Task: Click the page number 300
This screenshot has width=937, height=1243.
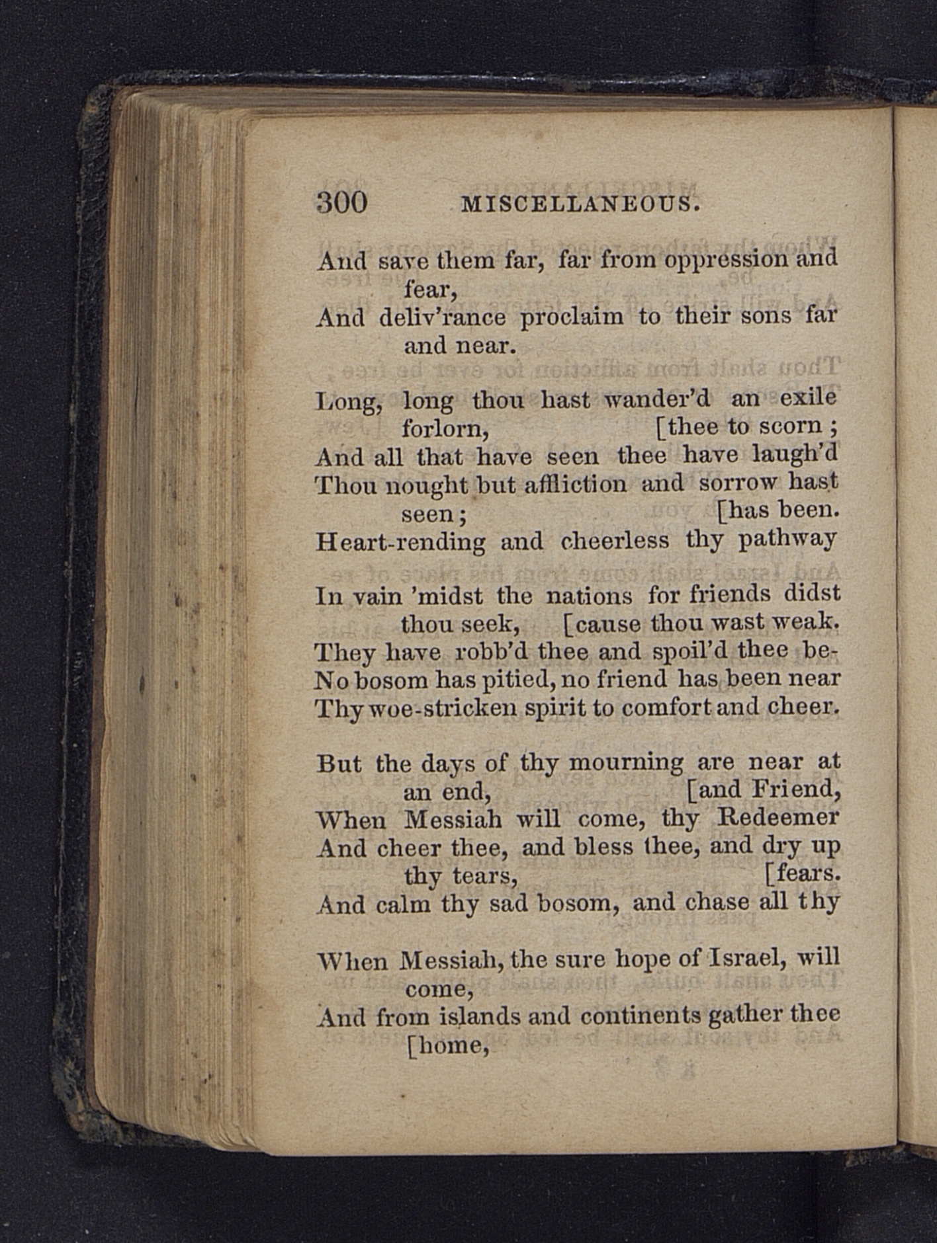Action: click(x=342, y=202)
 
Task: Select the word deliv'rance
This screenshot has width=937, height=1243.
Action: click(x=443, y=318)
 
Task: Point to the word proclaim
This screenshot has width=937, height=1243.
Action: click(x=571, y=318)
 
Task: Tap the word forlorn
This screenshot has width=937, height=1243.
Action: click(x=445, y=430)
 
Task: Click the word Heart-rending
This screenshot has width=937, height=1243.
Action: click(x=400, y=542)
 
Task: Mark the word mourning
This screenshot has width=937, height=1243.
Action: click(x=626, y=763)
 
